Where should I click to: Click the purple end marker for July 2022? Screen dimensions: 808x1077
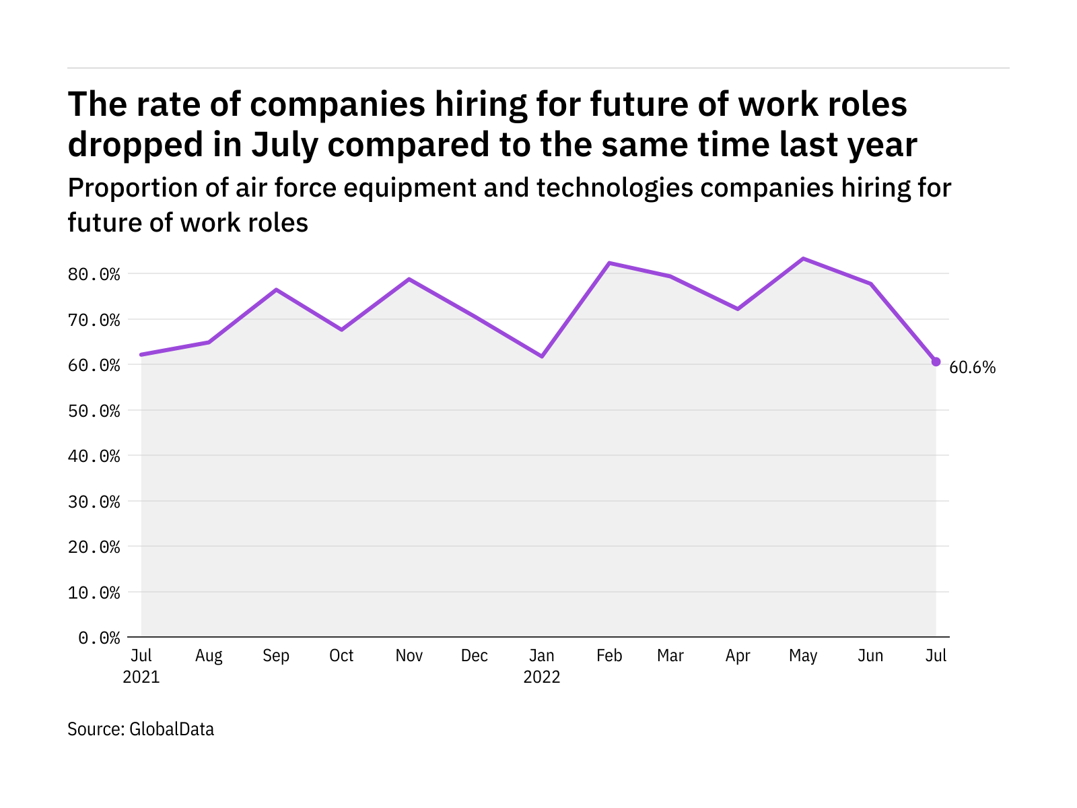point(936,362)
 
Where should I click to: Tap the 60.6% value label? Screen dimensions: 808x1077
point(972,368)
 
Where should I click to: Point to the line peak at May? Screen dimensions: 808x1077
point(803,259)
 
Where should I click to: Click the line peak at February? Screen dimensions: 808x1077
point(609,263)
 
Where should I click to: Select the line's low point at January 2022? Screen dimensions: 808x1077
point(542,356)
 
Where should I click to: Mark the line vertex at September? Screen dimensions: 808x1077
point(276,290)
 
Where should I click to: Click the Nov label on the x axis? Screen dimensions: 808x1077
point(409,656)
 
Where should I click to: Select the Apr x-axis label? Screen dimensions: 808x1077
point(738,656)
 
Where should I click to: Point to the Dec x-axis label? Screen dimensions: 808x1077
point(475,656)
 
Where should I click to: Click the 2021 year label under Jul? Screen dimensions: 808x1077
point(141,677)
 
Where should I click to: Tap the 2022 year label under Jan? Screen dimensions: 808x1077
point(542,677)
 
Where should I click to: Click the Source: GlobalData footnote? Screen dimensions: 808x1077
point(141,729)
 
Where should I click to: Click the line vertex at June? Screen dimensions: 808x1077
point(870,283)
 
